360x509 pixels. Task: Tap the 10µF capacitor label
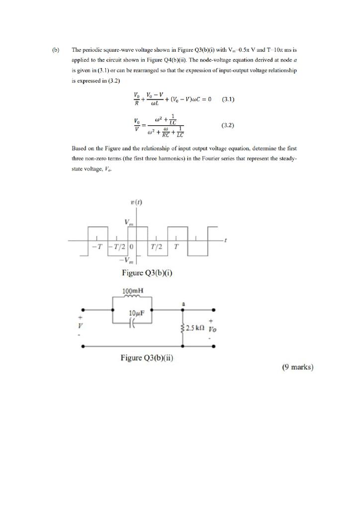pyautogui.click(x=136, y=313)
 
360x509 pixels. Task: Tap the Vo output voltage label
pyautogui.click(x=213, y=330)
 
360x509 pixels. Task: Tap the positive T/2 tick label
pyautogui.click(x=157, y=247)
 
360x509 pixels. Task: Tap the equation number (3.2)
pyautogui.click(x=227, y=126)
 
